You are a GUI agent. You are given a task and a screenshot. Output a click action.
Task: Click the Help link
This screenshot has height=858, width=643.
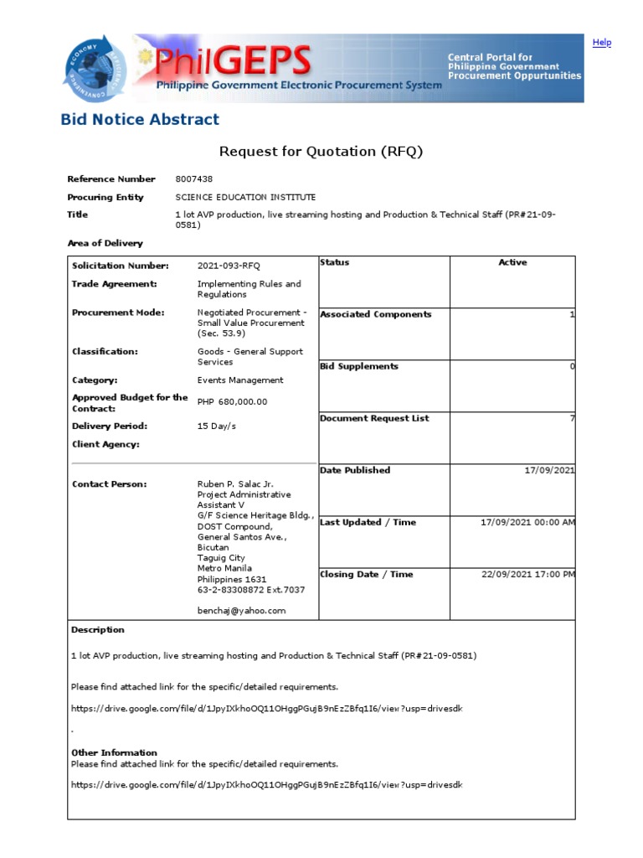(601, 43)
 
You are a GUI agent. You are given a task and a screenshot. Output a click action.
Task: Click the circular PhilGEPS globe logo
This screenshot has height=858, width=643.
(94, 69)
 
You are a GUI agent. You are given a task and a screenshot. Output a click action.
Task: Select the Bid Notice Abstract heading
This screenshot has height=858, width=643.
(140, 120)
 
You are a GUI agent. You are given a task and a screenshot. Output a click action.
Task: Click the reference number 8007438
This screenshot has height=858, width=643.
(194, 179)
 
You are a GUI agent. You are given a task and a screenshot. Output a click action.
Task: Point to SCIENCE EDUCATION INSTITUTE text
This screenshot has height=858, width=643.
(245, 198)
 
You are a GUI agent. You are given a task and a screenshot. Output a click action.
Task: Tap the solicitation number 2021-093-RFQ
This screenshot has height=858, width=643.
(229, 266)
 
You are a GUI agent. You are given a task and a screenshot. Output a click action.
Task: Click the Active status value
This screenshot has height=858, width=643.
(512, 263)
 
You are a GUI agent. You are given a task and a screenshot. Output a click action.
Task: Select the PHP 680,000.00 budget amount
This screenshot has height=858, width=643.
(232, 402)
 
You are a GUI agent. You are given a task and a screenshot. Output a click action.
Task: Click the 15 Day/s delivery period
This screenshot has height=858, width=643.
(217, 426)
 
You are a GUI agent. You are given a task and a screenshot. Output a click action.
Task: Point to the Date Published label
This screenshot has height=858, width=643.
(355, 471)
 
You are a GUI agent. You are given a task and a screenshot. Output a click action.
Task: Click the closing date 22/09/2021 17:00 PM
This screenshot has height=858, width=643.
(528, 575)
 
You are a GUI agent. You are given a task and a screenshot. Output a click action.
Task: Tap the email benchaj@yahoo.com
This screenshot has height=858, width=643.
(241, 611)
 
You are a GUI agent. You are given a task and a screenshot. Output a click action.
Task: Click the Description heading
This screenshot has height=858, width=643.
(97, 630)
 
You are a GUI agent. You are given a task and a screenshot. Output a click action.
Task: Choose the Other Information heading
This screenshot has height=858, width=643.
(114, 752)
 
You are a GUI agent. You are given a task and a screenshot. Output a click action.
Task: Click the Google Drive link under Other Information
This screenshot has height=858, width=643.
(266, 785)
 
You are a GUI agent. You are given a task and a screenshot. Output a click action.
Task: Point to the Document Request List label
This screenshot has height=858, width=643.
(374, 419)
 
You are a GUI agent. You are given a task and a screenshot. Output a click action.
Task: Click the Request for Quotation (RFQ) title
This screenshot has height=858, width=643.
(321, 152)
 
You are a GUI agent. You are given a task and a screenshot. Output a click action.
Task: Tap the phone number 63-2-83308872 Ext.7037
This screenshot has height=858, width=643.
(251, 590)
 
